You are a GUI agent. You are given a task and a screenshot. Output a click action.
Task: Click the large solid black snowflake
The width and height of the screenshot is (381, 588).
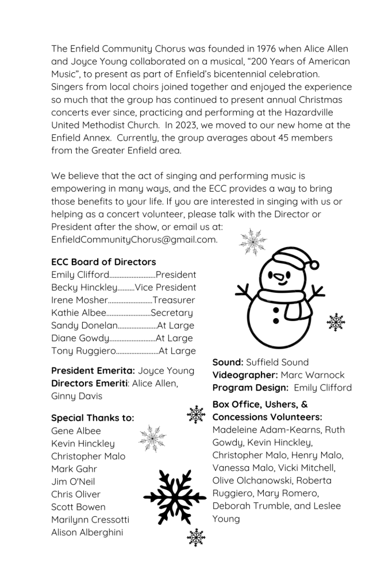174,497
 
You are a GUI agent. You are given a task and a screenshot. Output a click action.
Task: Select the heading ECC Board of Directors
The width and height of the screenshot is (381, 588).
103,262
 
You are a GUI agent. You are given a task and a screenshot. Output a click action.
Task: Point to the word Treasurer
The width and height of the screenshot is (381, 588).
174,300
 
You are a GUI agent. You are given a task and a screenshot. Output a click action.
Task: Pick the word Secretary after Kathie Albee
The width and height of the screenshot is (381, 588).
172,313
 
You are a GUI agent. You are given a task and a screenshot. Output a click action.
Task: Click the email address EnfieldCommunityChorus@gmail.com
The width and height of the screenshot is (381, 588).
134,239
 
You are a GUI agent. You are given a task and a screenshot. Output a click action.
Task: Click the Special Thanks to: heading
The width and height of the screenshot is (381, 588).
93,418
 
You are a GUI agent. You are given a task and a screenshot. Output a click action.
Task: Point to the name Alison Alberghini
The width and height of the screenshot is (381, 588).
87,532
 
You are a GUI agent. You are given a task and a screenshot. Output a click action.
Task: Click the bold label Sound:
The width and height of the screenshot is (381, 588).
228,362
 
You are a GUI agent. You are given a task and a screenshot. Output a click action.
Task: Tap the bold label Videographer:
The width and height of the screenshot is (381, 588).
245,375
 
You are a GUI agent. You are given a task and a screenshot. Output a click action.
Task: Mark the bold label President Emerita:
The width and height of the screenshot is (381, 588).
93,371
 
